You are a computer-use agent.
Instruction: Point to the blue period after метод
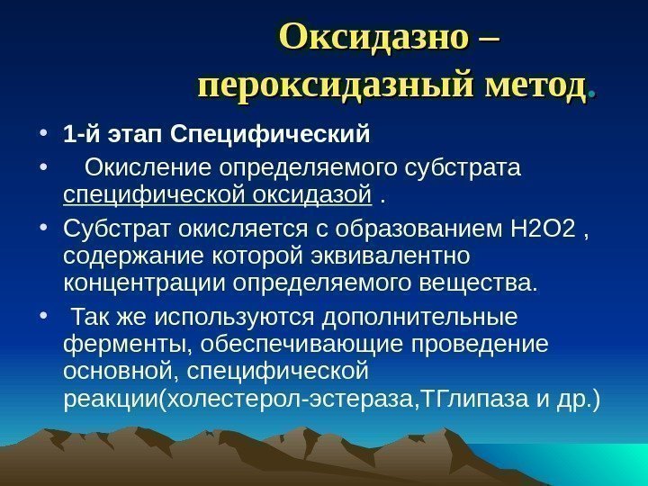point(589,94)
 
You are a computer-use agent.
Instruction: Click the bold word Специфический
point(270,136)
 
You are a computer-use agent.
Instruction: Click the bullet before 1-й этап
point(44,137)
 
